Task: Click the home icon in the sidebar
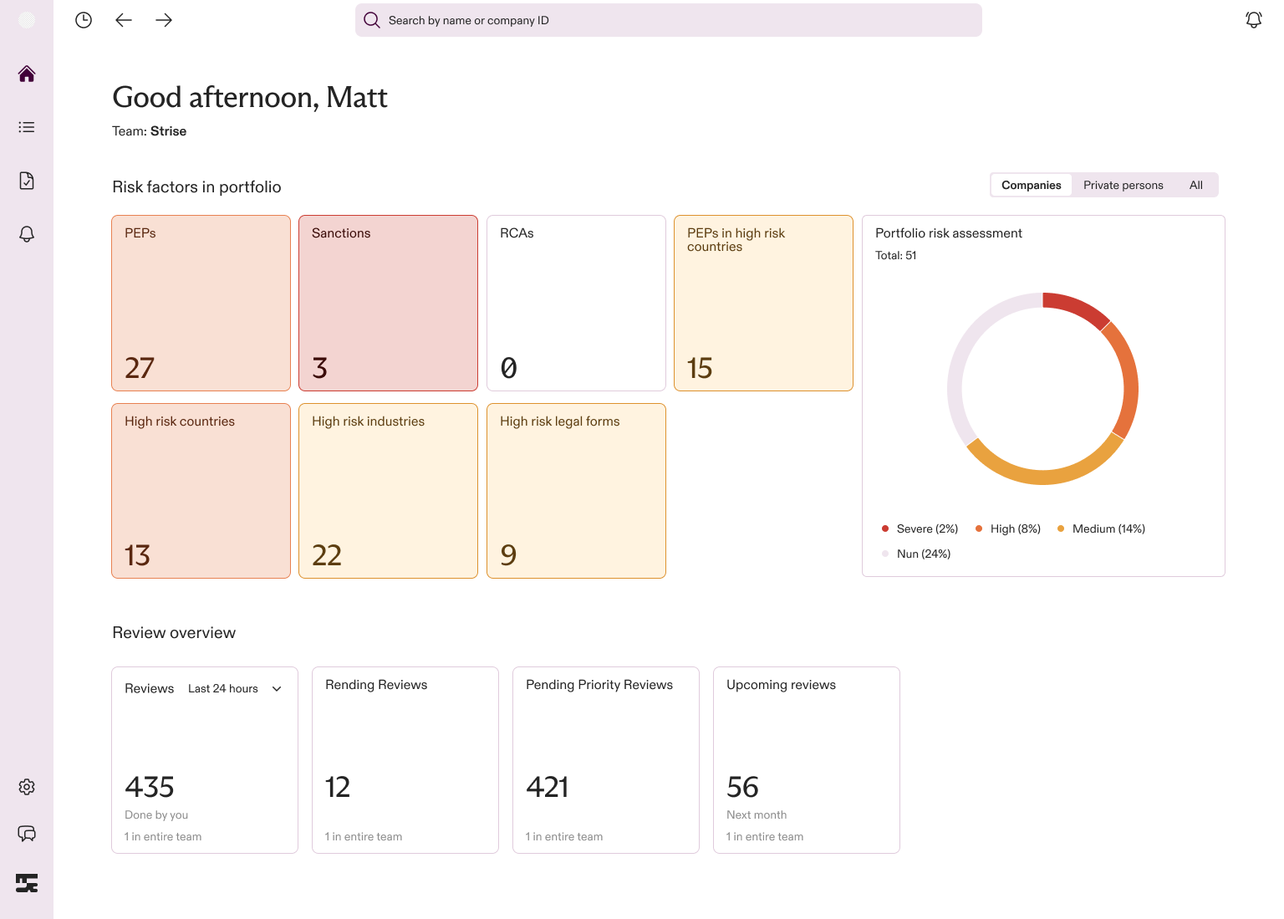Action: pyautogui.click(x=27, y=74)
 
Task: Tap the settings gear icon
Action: pyautogui.click(x=27, y=787)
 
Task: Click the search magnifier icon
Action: pyautogui.click(x=371, y=20)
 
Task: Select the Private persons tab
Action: pyautogui.click(x=1123, y=185)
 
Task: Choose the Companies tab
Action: pyautogui.click(x=1032, y=185)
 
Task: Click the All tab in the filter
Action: pyautogui.click(x=1195, y=185)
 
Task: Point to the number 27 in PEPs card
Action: pyautogui.click(x=140, y=367)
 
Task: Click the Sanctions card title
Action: pyautogui.click(x=341, y=232)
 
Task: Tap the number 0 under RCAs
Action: pyautogui.click(x=508, y=367)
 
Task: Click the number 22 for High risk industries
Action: pyautogui.click(x=327, y=555)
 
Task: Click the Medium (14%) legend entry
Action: pyautogui.click(x=1101, y=528)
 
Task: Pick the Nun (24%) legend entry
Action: pyautogui.click(x=916, y=554)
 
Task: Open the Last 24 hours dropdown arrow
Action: pyautogui.click(x=277, y=688)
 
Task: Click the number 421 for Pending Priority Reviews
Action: pyautogui.click(x=547, y=787)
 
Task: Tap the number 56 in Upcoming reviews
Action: pyautogui.click(x=742, y=787)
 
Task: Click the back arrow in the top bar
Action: pyautogui.click(x=124, y=20)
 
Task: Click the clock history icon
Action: pyautogui.click(x=84, y=20)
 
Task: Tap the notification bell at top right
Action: pyautogui.click(x=1254, y=20)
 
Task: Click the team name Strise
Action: pyautogui.click(x=168, y=131)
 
